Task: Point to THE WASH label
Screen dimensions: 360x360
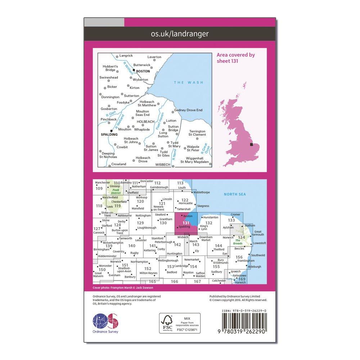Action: point(189,83)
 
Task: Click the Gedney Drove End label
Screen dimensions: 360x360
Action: point(188,110)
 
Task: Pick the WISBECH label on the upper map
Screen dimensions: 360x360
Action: point(162,165)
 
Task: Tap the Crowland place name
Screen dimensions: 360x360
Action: point(119,164)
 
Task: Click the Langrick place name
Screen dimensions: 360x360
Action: point(126,56)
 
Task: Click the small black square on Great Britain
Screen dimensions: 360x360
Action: point(251,145)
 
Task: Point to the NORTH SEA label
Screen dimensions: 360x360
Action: point(235,194)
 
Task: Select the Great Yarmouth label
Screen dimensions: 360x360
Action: point(258,233)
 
